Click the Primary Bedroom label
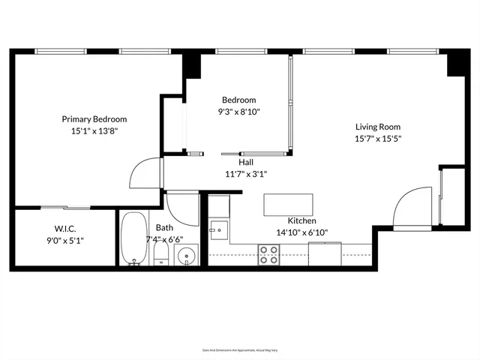click(x=94, y=118)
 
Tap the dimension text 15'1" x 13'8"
click(x=94, y=130)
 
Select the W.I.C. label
click(x=65, y=228)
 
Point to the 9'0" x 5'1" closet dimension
click(x=65, y=240)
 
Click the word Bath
click(x=165, y=228)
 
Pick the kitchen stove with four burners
click(x=268, y=256)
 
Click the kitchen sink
click(x=218, y=228)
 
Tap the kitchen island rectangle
click(x=288, y=204)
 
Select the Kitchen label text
click(x=301, y=221)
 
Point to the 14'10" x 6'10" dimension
click(x=301, y=232)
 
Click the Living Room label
click(x=378, y=127)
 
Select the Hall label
click(x=246, y=162)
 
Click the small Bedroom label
click(x=238, y=100)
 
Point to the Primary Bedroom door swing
click(x=145, y=175)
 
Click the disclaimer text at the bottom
click(x=239, y=349)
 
